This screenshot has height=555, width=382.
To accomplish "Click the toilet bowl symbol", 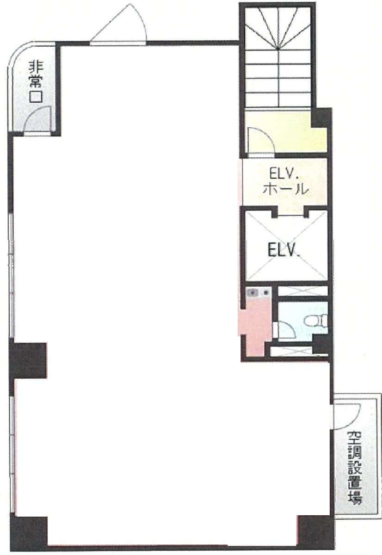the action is click(315, 321).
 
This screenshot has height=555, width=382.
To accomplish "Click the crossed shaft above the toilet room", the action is click(303, 291).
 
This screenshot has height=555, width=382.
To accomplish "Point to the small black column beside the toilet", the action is click(320, 344).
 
